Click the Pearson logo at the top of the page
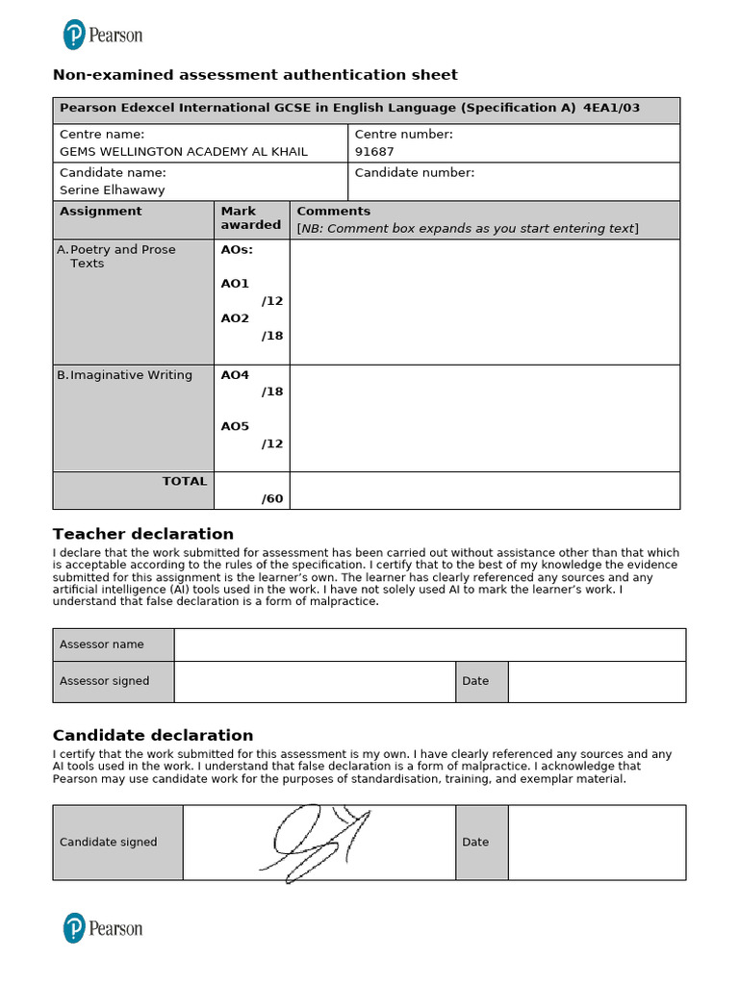coord(102,36)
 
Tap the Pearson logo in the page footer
coord(102,928)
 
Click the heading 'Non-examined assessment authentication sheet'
coord(255,75)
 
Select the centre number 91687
coord(374,152)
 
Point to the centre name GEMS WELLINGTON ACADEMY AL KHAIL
coord(184,152)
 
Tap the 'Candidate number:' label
coord(415,173)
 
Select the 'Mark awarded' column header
coord(250,218)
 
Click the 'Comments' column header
coord(333,212)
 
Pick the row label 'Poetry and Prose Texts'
coord(121,256)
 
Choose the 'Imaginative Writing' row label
coord(131,375)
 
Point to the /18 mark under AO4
coord(272,392)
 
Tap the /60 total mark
coord(272,498)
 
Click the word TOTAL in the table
coord(184,481)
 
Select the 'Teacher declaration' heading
coord(143,534)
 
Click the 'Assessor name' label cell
coord(102,644)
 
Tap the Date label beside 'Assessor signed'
coord(475,681)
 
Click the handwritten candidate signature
coord(316,843)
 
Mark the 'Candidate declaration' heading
coord(153,735)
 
